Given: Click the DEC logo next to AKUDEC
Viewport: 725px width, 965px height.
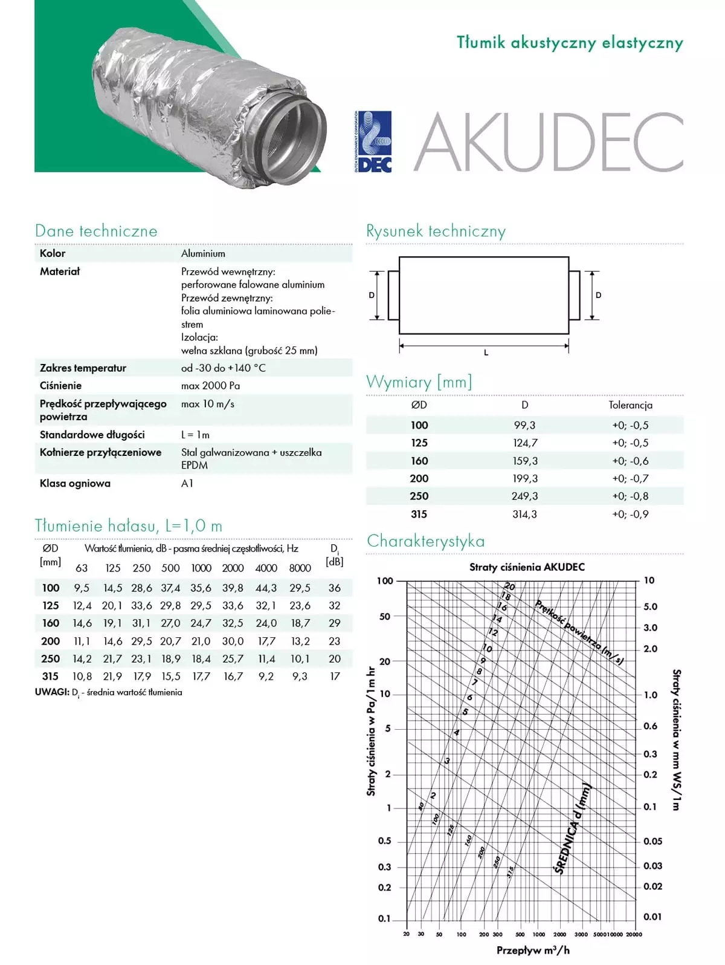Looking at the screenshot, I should [373, 142].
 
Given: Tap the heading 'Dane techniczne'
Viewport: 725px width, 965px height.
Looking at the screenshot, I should [96, 231].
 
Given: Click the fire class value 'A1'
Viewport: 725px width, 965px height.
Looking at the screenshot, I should [187, 483].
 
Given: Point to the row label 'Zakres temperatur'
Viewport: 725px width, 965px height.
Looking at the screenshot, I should [83, 368].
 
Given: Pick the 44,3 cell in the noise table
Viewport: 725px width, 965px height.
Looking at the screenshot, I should [266, 588].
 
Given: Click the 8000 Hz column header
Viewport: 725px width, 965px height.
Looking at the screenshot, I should [300, 568].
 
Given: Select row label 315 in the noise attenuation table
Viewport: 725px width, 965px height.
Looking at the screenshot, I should [50, 677].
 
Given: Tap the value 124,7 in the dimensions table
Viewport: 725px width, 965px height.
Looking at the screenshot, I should [525, 443].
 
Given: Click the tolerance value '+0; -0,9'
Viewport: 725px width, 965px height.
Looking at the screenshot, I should [630, 515].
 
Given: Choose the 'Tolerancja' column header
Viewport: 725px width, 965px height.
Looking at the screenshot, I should [630, 405].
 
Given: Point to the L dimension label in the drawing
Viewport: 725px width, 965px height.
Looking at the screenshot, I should [486, 353].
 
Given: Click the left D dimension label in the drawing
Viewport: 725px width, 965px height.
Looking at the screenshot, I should [372, 295].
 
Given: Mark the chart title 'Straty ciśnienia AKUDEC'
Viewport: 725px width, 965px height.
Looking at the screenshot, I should [527, 567].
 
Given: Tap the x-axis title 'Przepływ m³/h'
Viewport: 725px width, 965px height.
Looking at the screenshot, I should [533, 950].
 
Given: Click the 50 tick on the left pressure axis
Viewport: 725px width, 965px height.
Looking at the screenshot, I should [385, 617].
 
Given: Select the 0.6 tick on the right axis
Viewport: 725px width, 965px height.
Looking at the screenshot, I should [650, 726].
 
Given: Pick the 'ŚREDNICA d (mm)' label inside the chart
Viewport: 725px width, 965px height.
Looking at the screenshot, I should [572, 829].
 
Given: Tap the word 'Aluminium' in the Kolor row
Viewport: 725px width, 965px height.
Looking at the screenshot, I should [203, 253].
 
